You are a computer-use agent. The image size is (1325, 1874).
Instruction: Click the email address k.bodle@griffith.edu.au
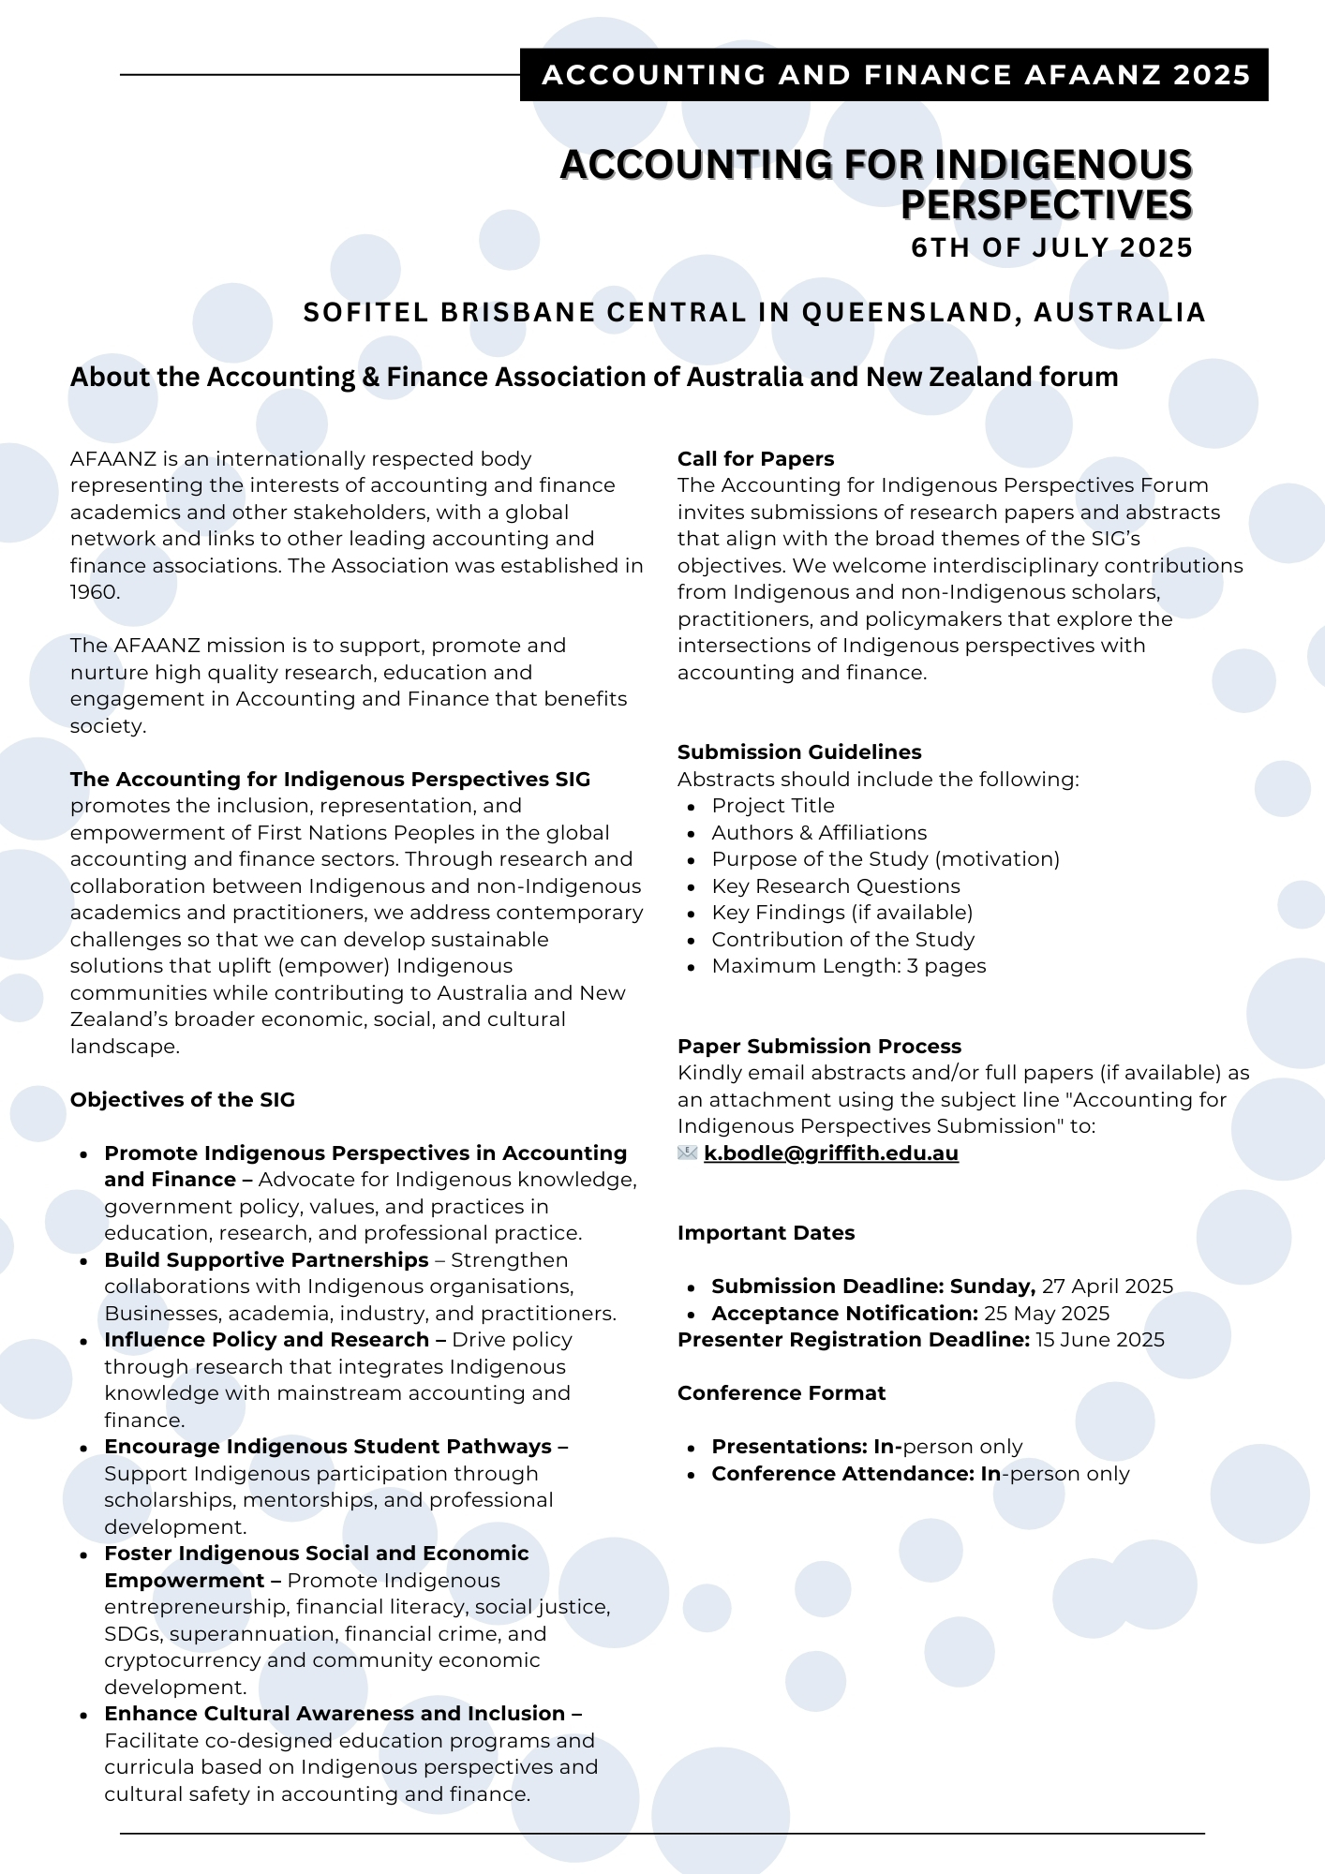click(x=831, y=1153)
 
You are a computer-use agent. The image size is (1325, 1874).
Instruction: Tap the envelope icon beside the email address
click(x=688, y=1153)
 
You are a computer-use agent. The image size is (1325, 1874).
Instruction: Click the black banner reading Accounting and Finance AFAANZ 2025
click(x=895, y=75)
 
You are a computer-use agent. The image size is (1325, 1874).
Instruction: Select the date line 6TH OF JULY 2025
click(x=1051, y=248)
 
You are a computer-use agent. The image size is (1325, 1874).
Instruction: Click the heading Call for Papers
click(x=755, y=459)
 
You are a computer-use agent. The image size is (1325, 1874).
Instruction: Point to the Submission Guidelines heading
click(x=799, y=752)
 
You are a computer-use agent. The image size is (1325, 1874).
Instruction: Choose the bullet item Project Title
click(x=773, y=806)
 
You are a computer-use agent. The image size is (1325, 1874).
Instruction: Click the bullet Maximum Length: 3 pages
click(x=849, y=966)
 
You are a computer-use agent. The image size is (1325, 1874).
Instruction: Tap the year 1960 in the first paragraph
click(x=94, y=592)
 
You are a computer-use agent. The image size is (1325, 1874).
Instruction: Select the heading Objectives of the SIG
click(x=183, y=1100)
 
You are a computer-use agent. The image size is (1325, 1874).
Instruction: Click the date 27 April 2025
click(x=1108, y=1287)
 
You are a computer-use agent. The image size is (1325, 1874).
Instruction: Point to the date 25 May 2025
click(x=1047, y=1314)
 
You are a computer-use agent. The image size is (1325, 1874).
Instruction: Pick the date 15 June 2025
click(x=1100, y=1340)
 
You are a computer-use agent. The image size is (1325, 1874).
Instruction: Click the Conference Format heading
click(x=782, y=1393)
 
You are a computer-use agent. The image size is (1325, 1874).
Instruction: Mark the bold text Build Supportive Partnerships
click(x=267, y=1260)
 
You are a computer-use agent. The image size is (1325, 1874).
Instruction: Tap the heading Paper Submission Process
click(x=819, y=1047)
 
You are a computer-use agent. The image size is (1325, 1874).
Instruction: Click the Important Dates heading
click(x=766, y=1233)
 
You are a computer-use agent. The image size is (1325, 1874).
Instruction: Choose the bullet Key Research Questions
click(x=836, y=886)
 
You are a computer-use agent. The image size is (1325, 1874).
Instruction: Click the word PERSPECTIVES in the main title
click(x=1046, y=205)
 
